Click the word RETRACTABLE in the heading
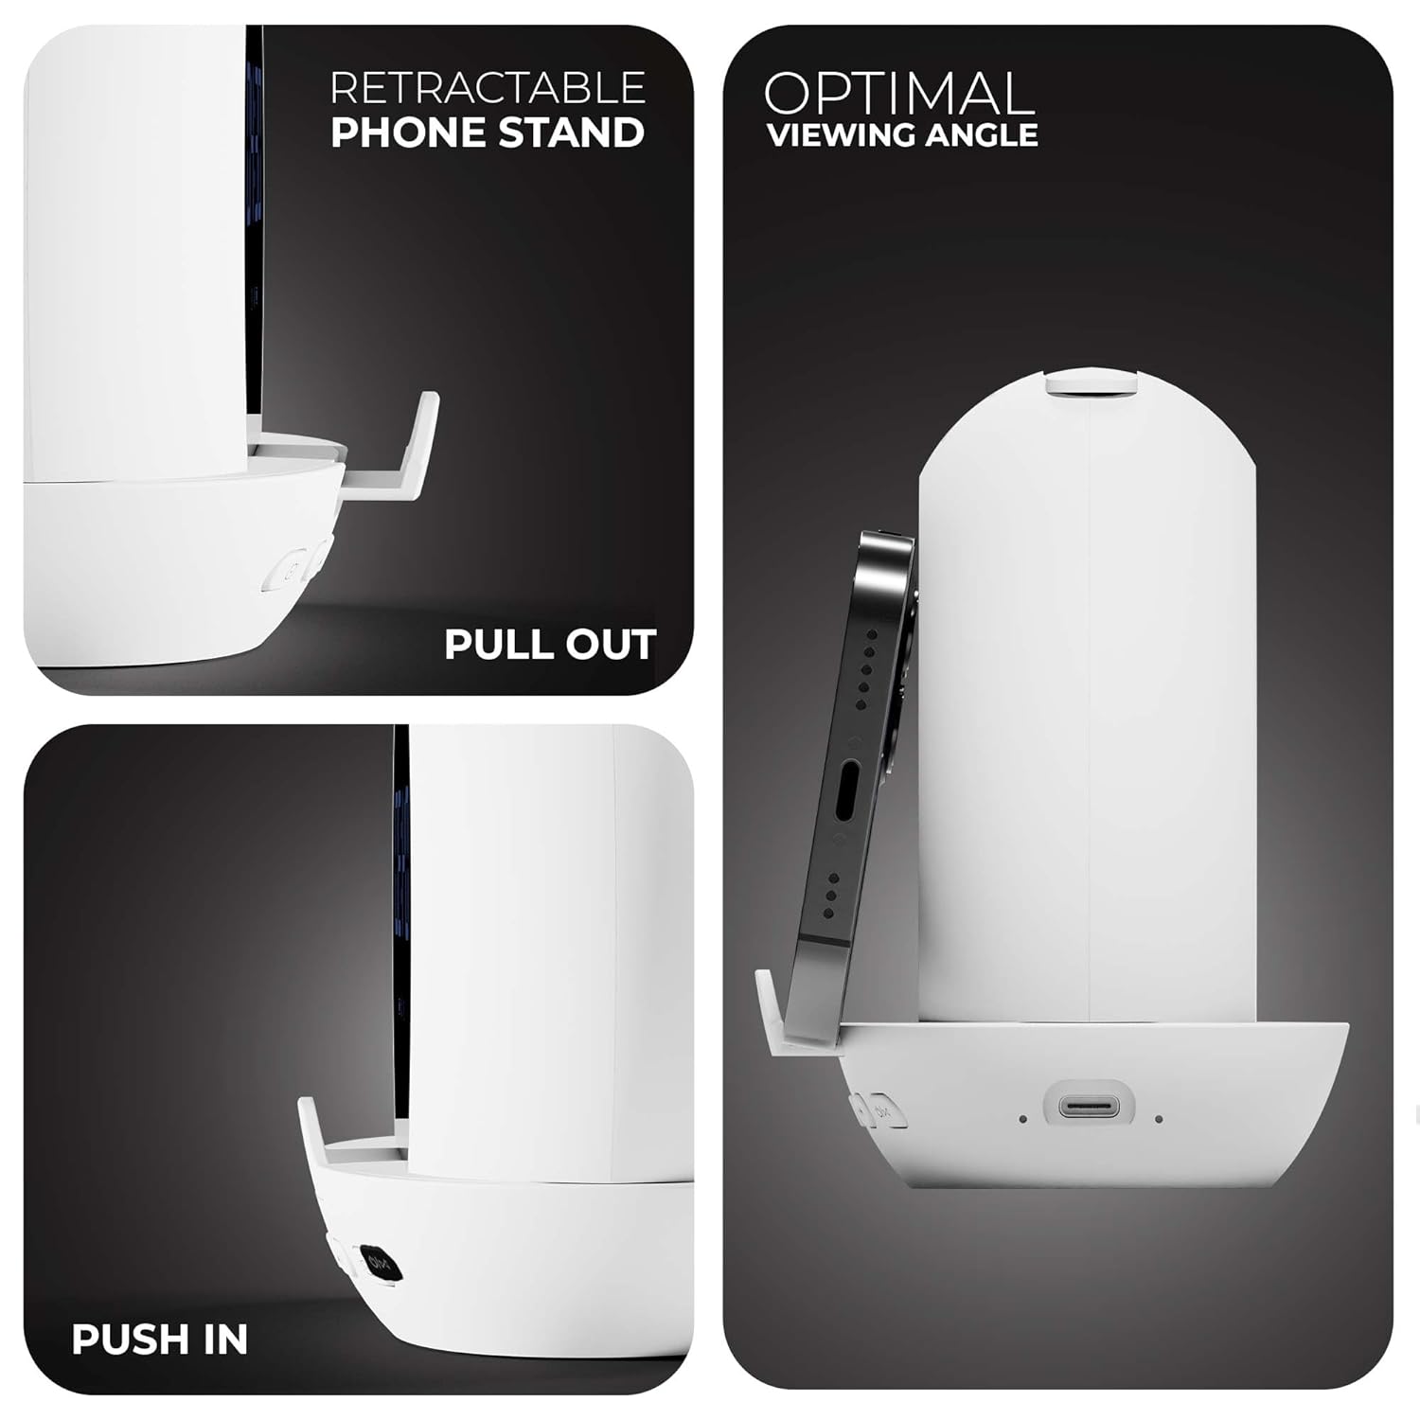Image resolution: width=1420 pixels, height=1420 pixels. (488, 87)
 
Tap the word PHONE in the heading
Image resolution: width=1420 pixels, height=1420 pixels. (407, 133)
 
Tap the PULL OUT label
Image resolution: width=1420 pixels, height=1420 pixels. (550, 645)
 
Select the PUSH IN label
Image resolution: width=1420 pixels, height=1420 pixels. (160, 1340)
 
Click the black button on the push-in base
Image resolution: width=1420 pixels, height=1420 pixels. (377, 1264)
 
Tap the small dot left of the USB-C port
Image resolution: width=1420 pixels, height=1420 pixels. (1024, 1119)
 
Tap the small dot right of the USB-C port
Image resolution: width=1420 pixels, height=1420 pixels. (1159, 1119)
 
